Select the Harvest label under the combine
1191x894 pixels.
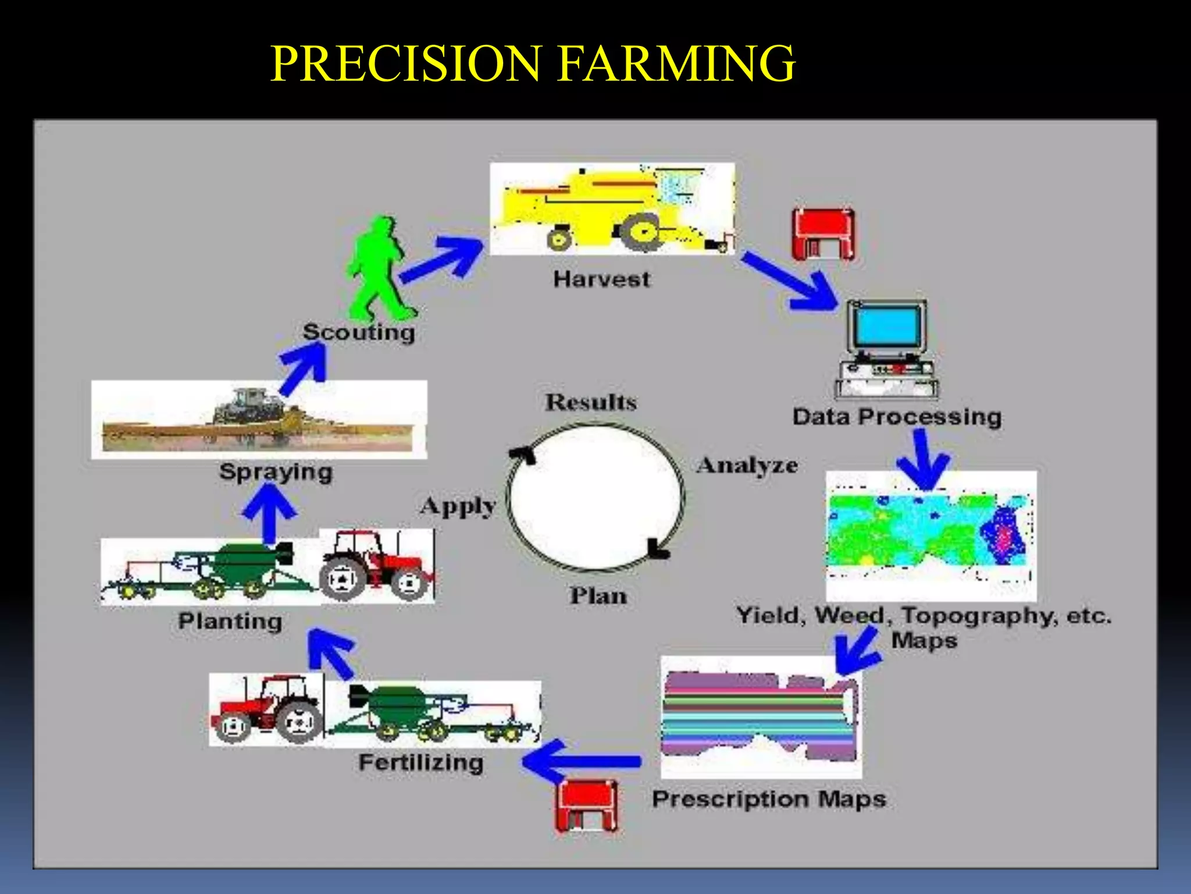pos(601,279)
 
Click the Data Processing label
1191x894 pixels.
pos(897,417)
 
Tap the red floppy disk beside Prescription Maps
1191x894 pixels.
pos(587,805)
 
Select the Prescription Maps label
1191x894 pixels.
pos(769,799)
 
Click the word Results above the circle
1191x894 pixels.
pos(591,402)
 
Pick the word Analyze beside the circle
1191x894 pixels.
pos(747,465)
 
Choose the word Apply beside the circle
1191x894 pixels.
pos(458,506)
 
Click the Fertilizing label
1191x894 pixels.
pos(421,762)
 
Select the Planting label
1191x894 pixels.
pos(230,621)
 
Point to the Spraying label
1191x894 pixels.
pos(276,471)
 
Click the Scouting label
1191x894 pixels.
pos(359,332)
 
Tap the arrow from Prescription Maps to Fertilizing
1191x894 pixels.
pos(582,761)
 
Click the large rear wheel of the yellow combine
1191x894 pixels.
pos(640,231)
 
